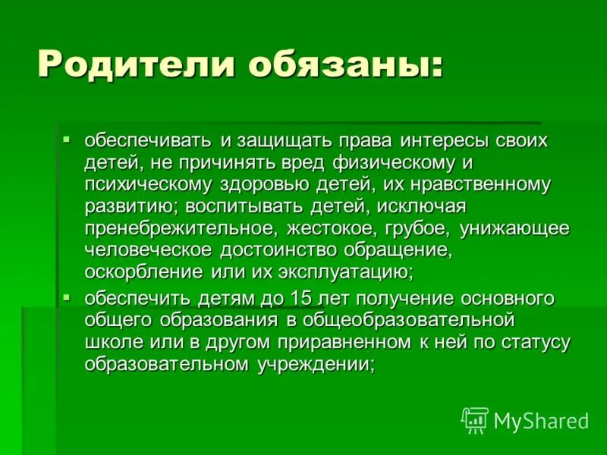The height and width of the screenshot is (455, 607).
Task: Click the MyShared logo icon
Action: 475,419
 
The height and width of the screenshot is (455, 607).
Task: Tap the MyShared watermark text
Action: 541,419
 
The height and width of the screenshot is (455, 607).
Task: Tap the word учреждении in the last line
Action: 321,364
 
